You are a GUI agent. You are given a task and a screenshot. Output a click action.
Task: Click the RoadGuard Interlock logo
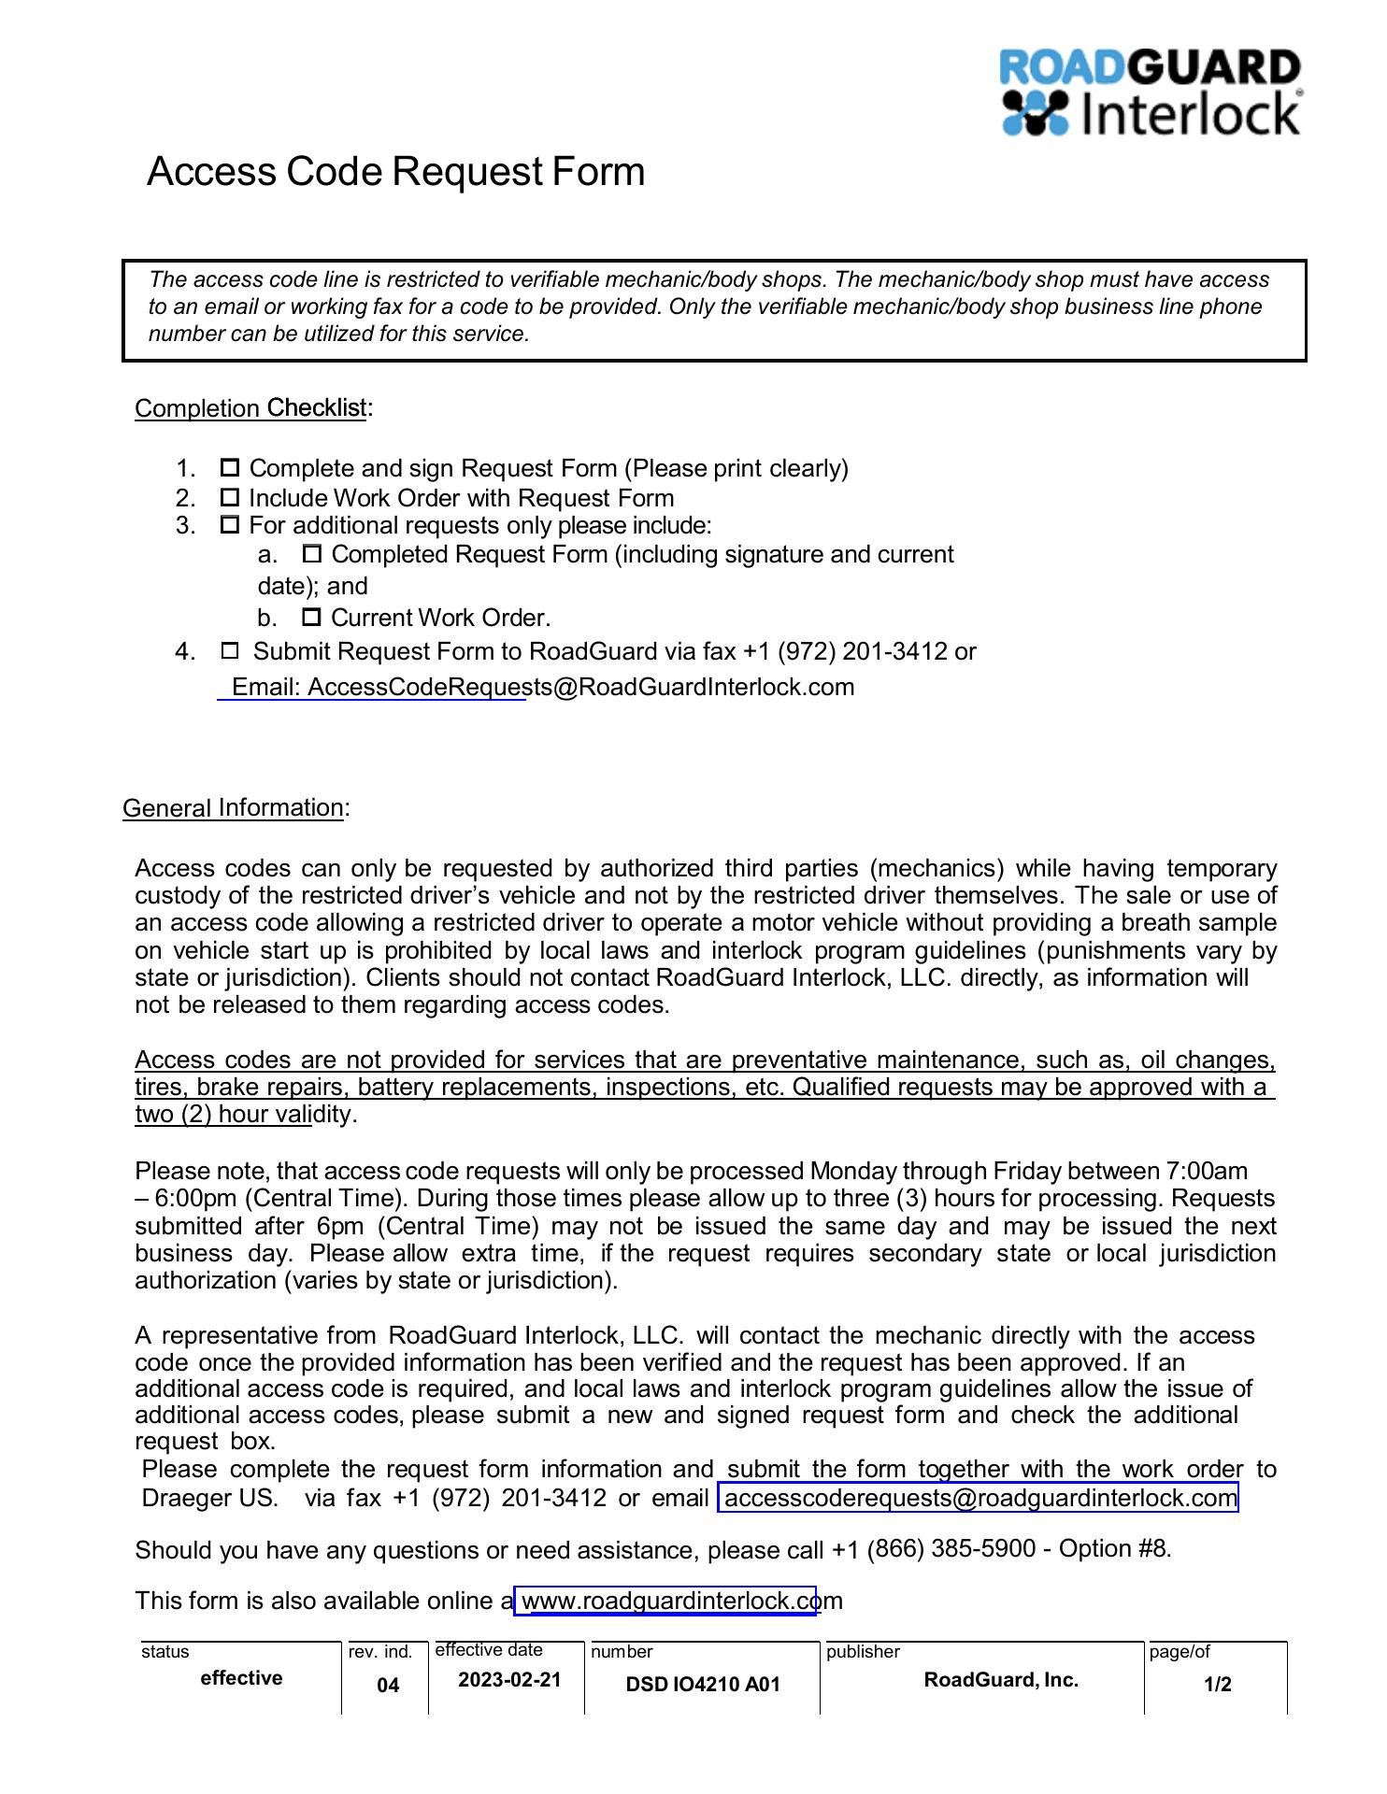tap(1151, 93)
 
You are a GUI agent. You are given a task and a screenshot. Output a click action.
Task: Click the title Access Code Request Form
tap(395, 172)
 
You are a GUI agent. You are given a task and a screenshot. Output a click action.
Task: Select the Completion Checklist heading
tap(250, 408)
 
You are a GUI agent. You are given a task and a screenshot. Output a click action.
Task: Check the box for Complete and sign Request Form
tap(230, 467)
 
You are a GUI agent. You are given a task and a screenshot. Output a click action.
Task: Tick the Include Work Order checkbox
tap(230, 497)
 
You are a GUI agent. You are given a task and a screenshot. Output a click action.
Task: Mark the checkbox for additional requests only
tap(230, 525)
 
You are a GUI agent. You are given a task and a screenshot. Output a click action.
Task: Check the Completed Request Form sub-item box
tap(312, 554)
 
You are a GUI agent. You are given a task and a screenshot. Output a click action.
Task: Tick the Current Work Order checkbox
tap(312, 618)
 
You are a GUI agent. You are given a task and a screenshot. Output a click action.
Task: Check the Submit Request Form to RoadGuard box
tap(230, 650)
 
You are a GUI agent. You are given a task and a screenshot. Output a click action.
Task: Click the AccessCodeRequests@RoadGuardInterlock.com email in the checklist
tap(580, 688)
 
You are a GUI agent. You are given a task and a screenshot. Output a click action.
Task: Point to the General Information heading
tap(233, 808)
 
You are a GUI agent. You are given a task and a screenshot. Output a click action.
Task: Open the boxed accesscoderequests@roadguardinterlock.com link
tap(979, 1498)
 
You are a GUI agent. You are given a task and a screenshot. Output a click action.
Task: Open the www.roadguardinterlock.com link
tap(666, 1601)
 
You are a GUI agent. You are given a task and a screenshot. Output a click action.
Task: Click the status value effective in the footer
tap(241, 1678)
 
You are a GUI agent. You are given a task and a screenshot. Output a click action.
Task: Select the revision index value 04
tap(388, 1685)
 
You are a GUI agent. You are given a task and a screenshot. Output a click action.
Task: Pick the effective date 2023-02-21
tap(509, 1680)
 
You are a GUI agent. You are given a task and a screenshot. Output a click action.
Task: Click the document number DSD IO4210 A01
tap(703, 1685)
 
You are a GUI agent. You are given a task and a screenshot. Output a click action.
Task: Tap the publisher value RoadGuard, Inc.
tap(1001, 1680)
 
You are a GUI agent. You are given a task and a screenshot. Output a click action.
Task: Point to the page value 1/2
tap(1217, 1685)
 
